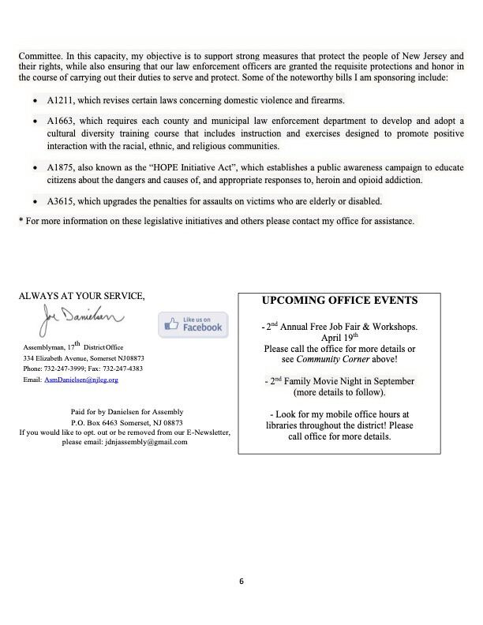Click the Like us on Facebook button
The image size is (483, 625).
[193, 324]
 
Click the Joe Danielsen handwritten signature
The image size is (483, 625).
[79, 320]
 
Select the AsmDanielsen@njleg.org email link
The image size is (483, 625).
[81, 380]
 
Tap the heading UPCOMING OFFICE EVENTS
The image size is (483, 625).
[339, 301]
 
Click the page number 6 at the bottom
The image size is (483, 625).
[241, 582]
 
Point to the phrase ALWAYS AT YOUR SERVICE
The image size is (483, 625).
[81, 296]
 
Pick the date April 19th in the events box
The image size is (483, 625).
[339, 337]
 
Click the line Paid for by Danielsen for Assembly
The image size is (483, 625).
[125, 411]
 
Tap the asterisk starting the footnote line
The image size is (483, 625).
[21, 221]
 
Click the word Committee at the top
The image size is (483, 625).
[40, 56]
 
